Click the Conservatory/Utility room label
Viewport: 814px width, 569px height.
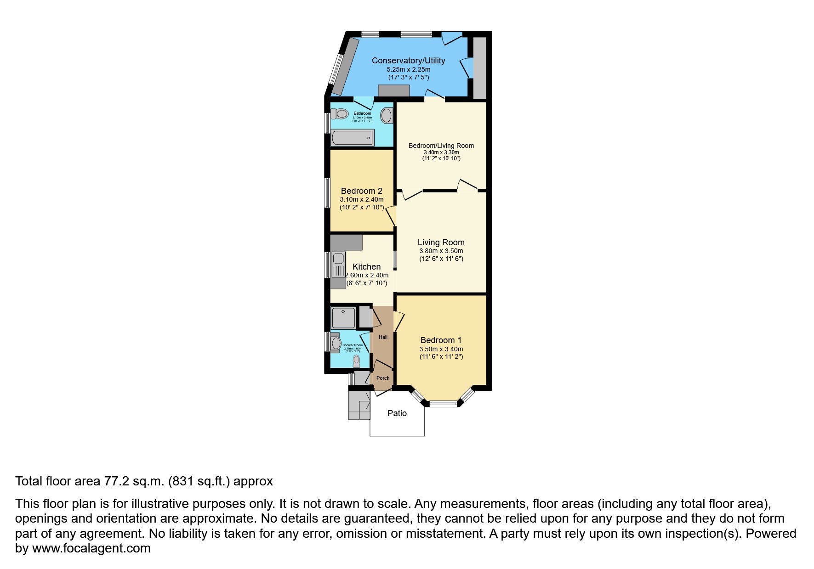[408, 61]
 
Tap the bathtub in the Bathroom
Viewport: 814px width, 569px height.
[352, 137]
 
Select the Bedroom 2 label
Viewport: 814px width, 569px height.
[361, 191]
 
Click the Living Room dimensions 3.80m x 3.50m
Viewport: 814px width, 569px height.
[441, 251]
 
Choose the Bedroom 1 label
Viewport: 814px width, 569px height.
[441, 340]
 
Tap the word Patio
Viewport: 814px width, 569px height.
[397, 413]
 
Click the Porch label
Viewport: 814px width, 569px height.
[383, 378]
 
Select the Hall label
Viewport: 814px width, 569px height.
[383, 337]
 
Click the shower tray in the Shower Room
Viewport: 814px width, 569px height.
[343, 318]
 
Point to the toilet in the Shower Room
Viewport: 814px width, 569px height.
[356, 361]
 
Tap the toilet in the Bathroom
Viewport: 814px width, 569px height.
[339, 113]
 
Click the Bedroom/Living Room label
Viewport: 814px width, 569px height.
[441, 146]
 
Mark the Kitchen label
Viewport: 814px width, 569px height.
[366, 267]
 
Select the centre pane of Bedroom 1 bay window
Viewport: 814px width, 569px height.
[444, 404]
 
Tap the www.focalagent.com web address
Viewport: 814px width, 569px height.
[91, 548]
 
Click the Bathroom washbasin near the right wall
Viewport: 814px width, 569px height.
[387, 115]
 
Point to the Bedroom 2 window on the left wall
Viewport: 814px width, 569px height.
[327, 193]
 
